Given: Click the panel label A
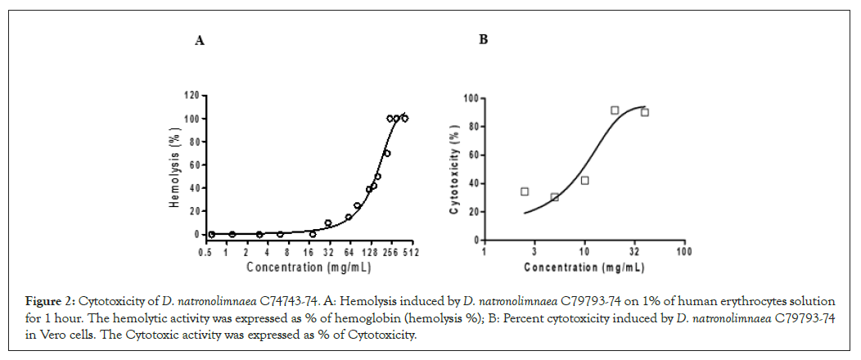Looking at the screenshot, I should (199, 40).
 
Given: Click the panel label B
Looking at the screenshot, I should (483, 39).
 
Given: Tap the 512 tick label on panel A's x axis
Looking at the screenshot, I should (410, 253).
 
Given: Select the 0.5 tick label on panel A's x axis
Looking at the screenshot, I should (205, 253).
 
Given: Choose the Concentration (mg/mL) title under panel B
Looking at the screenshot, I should (584, 268).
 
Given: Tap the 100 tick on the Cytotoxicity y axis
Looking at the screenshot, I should (471, 98).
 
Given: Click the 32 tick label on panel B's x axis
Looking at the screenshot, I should (635, 252).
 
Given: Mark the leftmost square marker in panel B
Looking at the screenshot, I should (525, 191).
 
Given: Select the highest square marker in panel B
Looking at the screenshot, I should (615, 110).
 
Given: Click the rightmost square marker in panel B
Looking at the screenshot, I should (645, 112).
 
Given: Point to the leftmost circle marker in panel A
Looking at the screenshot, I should (211, 234).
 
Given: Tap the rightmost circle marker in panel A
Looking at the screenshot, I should (404, 119).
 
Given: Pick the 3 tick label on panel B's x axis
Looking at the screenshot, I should (534, 252).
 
